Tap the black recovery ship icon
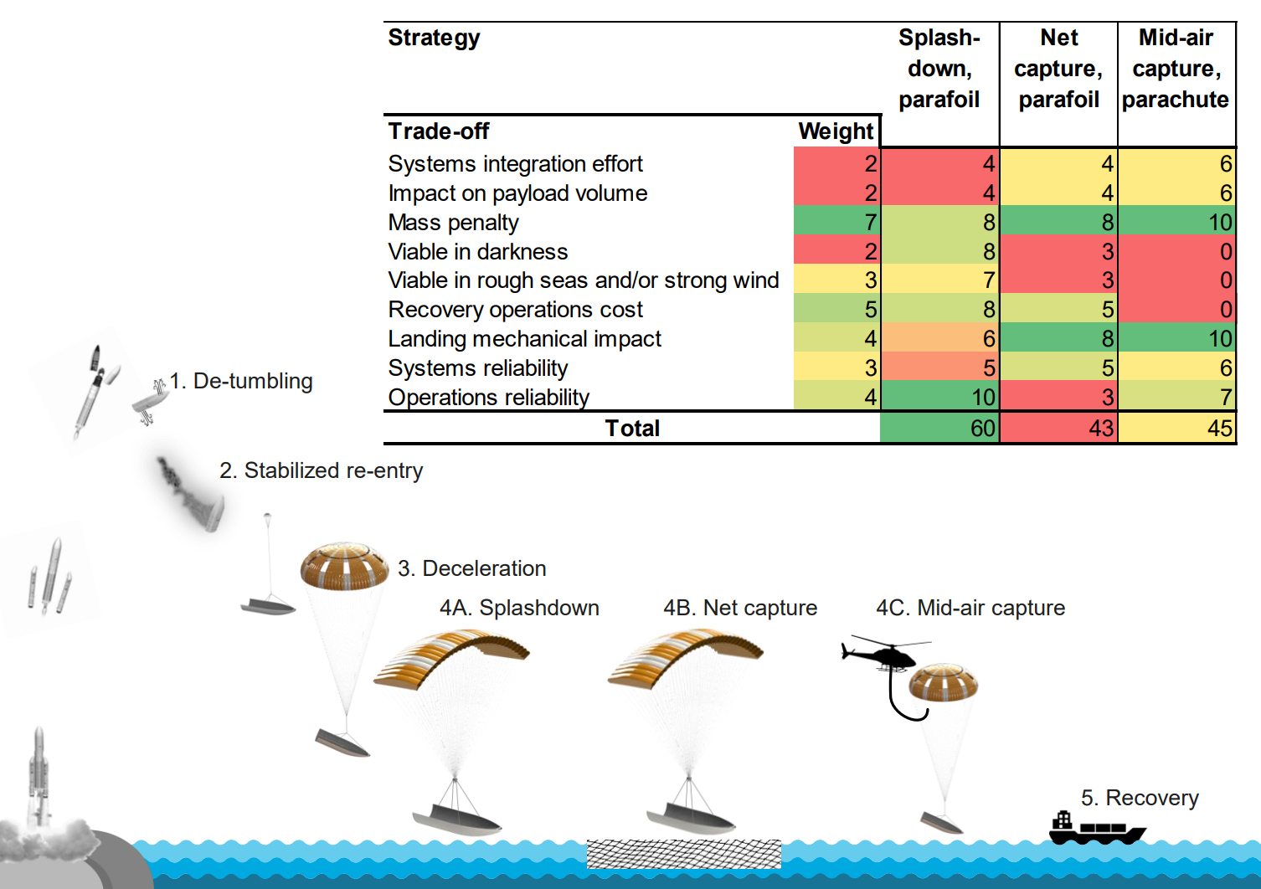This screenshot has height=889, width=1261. pyautogui.click(x=1095, y=830)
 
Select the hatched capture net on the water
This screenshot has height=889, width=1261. pyautogui.click(x=683, y=854)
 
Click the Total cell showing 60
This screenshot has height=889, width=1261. pyautogui.click(x=939, y=428)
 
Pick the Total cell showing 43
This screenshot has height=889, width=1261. pyautogui.click(x=1058, y=428)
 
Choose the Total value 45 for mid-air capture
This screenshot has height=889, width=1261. pyautogui.click(x=1176, y=428)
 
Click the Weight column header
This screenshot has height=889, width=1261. pyautogui.click(x=835, y=131)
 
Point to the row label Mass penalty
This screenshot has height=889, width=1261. pyautogui.click(x=453, y=223)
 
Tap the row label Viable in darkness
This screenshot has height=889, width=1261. pyautogui.click(x=477, y=252)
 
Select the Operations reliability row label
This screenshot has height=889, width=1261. pyautogui.click(x=488, y=398)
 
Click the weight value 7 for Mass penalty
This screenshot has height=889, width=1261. pyautogui.click(x=837, y=223)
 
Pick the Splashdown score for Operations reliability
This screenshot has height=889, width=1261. pyautogui.click(x=939, y=397)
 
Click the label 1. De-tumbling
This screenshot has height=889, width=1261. pyautogui.click(x=241, y=381)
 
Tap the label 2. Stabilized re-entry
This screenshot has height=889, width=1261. pyautogui.click(x=322, y=470)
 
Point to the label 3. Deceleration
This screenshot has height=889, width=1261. pyautogui.click(x=472, y=568)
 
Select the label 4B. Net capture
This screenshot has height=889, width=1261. pyautogui.click(x=740, y=608)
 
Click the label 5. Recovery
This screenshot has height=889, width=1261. pyautogui.click(x=1140, y=798)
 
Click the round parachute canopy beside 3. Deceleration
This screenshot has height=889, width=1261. pyautogui.click(x=344, y=566)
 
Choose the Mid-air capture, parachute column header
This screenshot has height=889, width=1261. pyautogui.click(x=1176, y=69)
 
